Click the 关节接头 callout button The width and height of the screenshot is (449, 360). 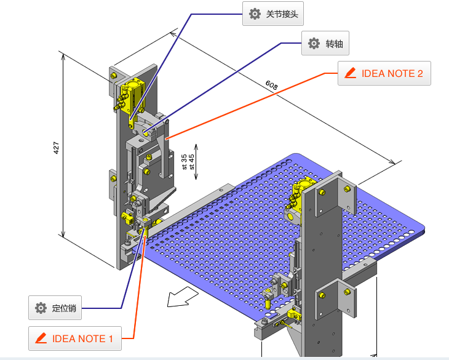tap(274, 14)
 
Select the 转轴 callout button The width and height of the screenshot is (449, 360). tap(326, 44)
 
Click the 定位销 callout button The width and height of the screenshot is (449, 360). tap(55, 308)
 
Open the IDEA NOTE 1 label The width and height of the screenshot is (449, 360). tap(74, 338)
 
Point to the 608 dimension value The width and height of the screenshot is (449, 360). tap(271, 84)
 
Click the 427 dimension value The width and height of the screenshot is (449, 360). tap(56, 148)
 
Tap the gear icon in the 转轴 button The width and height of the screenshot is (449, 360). tap(314, 44)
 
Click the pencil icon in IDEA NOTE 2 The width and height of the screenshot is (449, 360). tap(351, 73)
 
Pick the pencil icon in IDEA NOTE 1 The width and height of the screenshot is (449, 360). tap(41, 338)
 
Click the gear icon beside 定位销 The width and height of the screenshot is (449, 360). tap(41, 308)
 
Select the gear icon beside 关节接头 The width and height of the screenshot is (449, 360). tap(255, 14)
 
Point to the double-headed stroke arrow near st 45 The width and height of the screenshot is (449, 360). tap(196, 162)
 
